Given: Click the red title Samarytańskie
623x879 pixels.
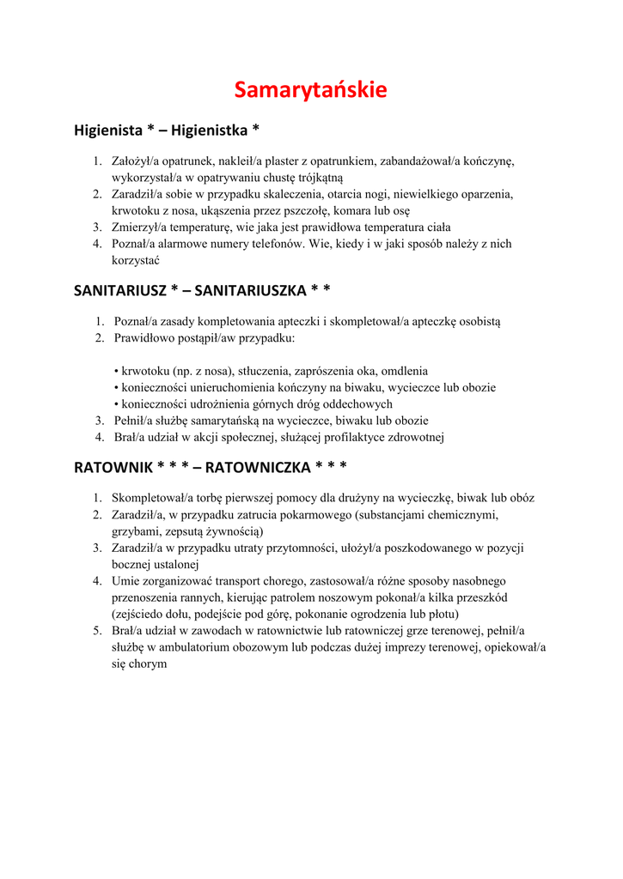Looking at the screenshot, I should (x=311, y=89).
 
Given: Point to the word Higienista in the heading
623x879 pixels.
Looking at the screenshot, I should (x=107, y=130).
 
